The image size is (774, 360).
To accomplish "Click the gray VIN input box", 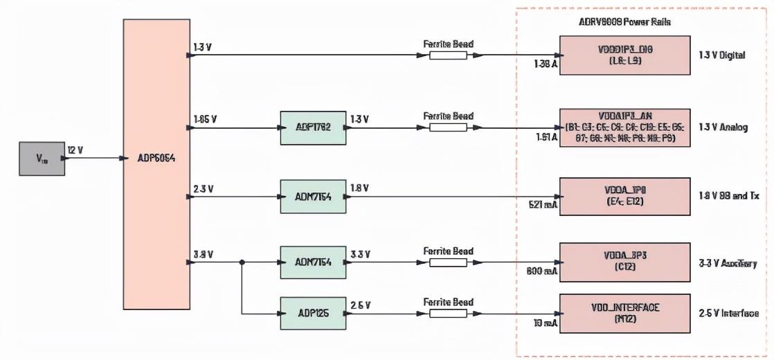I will [42, 159].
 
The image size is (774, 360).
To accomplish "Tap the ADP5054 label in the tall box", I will [156, 158].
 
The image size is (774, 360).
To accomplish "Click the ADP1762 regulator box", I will [313, 127].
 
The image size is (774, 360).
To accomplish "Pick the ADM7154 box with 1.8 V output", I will [313, 197].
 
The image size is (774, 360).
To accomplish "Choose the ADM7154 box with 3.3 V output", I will [313, 262].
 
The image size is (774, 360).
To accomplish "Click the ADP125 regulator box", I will [313, 313].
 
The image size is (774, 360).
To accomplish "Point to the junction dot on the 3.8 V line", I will [242, 262].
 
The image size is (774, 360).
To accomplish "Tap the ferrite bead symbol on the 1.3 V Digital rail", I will [448, 55].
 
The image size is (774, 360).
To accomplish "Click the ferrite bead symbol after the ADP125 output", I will [448, 313].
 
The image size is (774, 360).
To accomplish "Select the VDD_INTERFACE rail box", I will [624, 313].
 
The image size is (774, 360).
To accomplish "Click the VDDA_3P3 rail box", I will [624, 262].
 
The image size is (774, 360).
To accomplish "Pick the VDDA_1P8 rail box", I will [624, 197].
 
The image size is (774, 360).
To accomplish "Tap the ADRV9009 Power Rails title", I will [624, 21].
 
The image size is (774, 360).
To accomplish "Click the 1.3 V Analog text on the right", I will [723, 127].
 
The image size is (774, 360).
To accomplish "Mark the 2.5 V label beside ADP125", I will [360, 305].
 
